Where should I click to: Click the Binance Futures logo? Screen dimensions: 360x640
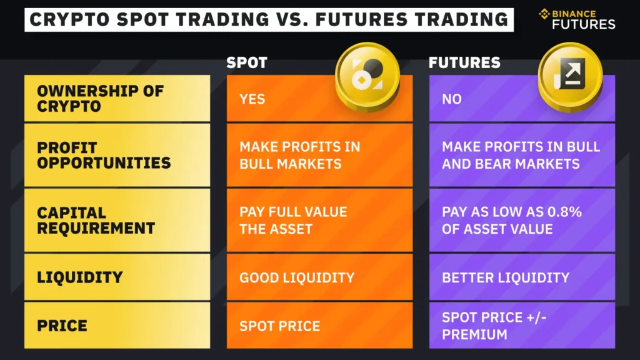[x=577, y=19]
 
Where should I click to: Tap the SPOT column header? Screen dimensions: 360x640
[x=246, y=63]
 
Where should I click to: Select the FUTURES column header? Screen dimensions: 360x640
[x=464, y=63]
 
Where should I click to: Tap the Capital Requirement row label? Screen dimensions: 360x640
[x=96, y=221]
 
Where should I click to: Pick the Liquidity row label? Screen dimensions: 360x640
[x=79, y=277]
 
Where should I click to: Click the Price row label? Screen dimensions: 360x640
[x=62, y=326]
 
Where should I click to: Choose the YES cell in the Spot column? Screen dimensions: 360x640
[x=252, y=99]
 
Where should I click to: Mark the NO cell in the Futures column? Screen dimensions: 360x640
[x=452, y=99]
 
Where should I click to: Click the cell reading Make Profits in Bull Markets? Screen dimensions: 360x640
[x=299, y=156]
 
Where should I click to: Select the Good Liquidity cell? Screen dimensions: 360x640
[x=297, y=277]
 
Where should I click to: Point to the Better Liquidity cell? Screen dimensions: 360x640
[x=506, y=277]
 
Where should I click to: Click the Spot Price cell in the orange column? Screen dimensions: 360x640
[x=279, y=326]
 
